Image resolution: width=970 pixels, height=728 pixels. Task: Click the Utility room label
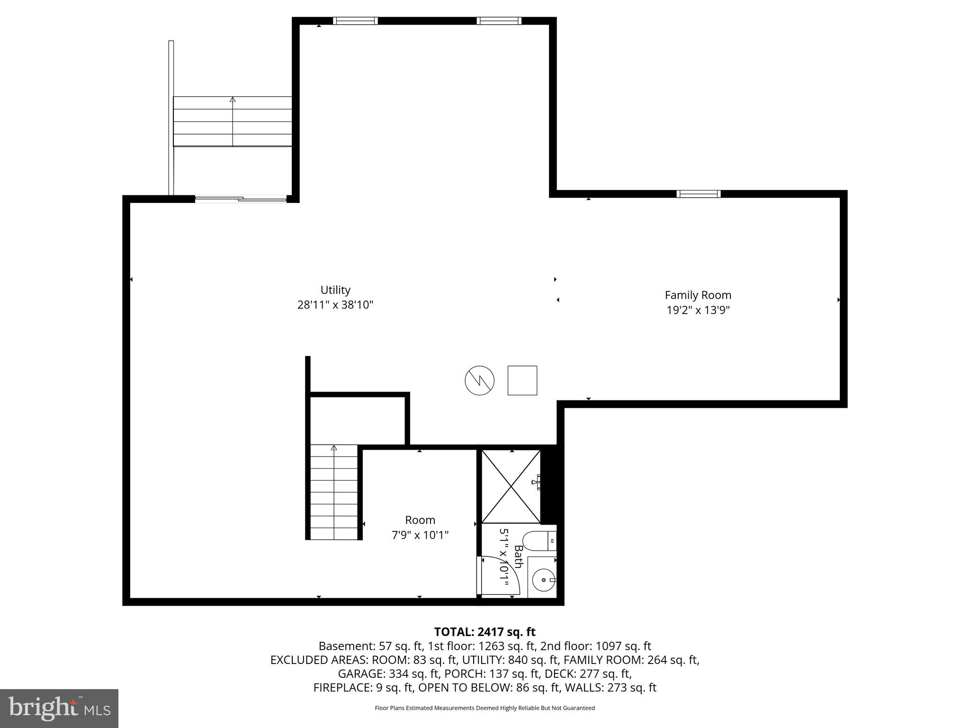tap(335, 290)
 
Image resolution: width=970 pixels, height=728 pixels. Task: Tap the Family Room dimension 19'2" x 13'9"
tap(698, 310)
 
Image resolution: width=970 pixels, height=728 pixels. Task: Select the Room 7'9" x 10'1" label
tap(420, 528)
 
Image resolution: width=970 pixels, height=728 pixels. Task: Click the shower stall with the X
tap(511, 487)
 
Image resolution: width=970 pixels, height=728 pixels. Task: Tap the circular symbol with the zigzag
tap(479, 380)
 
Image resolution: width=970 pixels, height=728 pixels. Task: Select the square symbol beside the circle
tap(522, 380)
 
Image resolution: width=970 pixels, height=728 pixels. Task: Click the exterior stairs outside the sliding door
tap(232, 122)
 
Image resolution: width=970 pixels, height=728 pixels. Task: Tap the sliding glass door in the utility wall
tap(241, 200)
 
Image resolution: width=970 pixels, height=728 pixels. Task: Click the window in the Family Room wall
tap(698, 194)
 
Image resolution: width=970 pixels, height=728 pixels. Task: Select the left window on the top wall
tap(355, 21)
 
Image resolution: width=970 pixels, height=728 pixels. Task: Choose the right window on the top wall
tap(499, 21)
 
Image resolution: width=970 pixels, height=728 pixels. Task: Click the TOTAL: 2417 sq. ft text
tap(485, 632)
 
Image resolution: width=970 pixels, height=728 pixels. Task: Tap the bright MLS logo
tap(59, 708)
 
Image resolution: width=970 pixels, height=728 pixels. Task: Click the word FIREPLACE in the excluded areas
tap(342, 688)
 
